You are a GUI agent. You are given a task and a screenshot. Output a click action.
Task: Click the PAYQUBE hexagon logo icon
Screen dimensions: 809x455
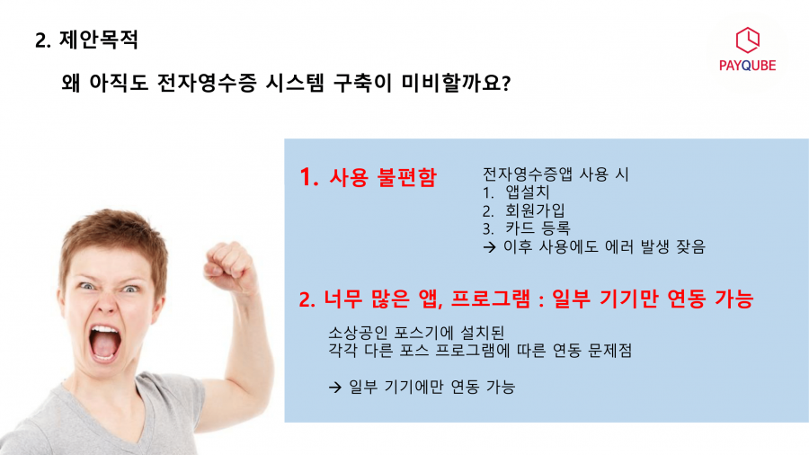click(748, 40)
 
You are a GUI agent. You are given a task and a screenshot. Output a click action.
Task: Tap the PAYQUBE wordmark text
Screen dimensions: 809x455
click(748, 66)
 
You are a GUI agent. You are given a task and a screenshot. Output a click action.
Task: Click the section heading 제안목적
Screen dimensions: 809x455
click(99, 40)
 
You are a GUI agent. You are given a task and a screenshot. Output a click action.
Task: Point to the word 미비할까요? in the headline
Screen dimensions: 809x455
click(456, 83)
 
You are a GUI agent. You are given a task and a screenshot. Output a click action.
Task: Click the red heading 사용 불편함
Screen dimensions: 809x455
click(383, 177)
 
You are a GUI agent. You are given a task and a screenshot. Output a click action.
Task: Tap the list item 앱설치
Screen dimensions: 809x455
click(528, 192)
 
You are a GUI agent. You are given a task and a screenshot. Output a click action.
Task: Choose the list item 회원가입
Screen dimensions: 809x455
click(535, 210)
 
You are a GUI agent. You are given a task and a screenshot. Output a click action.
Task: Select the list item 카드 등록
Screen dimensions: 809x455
click(538, 228)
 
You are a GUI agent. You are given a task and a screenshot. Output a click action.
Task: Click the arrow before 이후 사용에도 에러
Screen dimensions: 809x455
click(489, 247)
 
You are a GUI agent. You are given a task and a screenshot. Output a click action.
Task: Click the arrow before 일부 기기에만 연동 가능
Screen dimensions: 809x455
click(335, 387)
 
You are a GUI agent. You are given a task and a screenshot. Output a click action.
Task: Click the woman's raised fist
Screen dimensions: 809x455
click(229, 265)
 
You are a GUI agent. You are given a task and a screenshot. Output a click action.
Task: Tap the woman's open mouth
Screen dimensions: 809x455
click(105, 343)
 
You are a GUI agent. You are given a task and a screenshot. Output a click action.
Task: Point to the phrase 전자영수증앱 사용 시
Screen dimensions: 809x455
click(556, 174)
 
